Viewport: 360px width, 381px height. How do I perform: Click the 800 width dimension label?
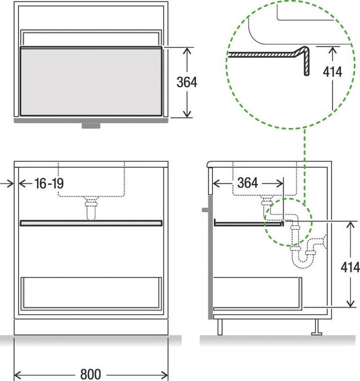click(x=91, y=374)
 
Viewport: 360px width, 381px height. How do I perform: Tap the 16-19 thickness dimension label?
click(x=48, y=184)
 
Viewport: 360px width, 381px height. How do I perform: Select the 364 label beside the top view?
click(x=187, y=83)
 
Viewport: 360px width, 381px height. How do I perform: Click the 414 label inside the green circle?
click(x=331, y=71)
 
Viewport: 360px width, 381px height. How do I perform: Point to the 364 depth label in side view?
click(x=247, y=183)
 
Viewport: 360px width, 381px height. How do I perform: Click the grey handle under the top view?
click(x=91, y=126)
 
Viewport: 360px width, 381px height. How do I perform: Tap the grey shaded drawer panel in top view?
click(x=91, y=81)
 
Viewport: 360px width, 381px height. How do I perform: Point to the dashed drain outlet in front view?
click(x=91, y=207)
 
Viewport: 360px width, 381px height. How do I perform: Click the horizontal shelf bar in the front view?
click(x=91, y=223)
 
